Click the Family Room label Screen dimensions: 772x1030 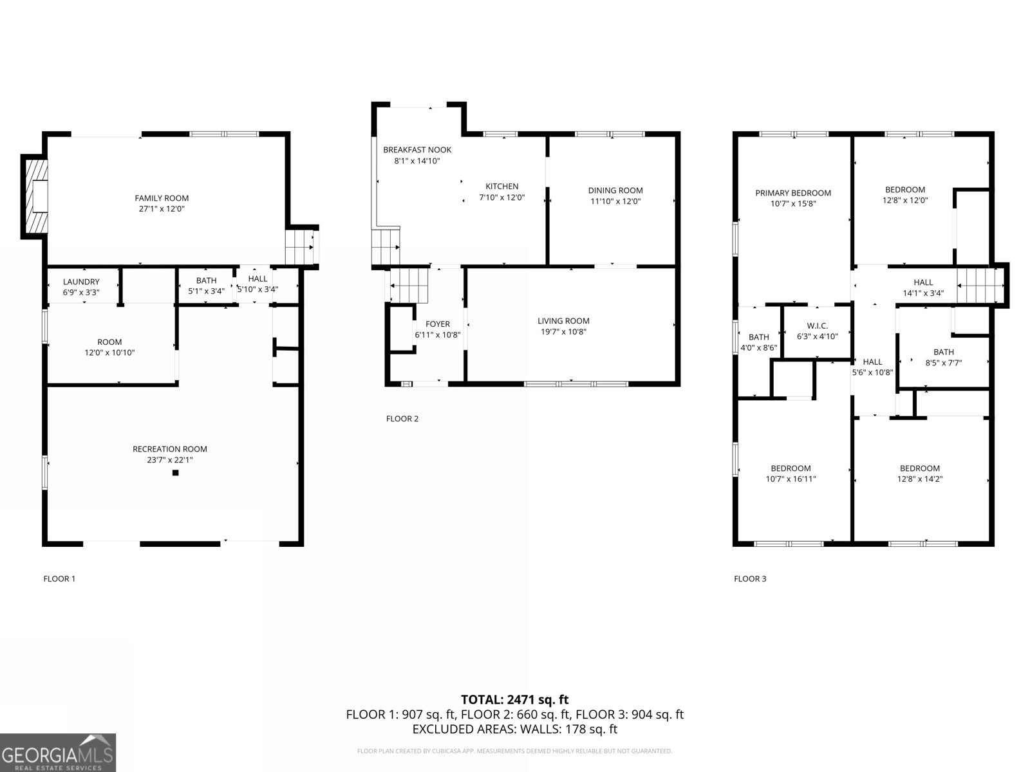click(162, 198)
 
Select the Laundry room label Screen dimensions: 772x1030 click(81, 282)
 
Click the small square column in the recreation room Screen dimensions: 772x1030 click(175, 473)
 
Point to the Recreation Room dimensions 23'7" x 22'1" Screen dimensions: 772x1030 click(170, 460)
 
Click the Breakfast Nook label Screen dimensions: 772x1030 click(417, 150)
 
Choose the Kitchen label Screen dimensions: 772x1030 click(501, 187)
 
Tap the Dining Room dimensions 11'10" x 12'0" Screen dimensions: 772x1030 click(615, 201)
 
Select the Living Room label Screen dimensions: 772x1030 click(563, 321)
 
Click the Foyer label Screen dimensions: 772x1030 click(438, 324)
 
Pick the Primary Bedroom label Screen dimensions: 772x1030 click(793, 193)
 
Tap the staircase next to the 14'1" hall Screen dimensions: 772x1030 click(980, 286)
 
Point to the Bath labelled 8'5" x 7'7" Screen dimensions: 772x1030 click(943, 357)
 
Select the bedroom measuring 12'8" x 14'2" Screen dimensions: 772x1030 click(919, 473)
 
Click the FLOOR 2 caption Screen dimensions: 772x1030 click(402, 419)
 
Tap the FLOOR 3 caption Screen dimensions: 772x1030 click(750, 578)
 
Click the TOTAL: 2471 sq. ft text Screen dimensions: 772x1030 click(514, 699)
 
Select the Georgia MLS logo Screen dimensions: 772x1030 click(58, 753)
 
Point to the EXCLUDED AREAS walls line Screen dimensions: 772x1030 click(514, 729)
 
